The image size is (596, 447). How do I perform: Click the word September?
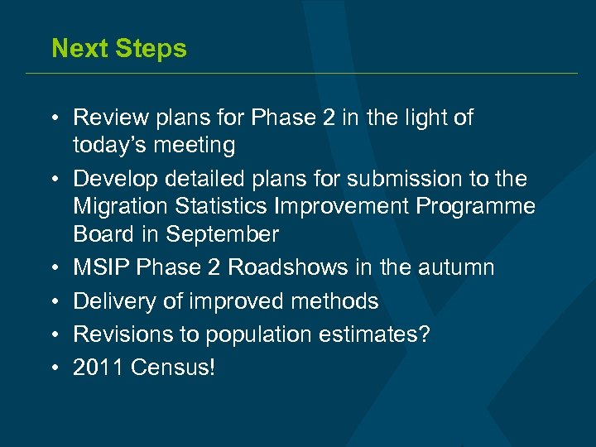point(222,235)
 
